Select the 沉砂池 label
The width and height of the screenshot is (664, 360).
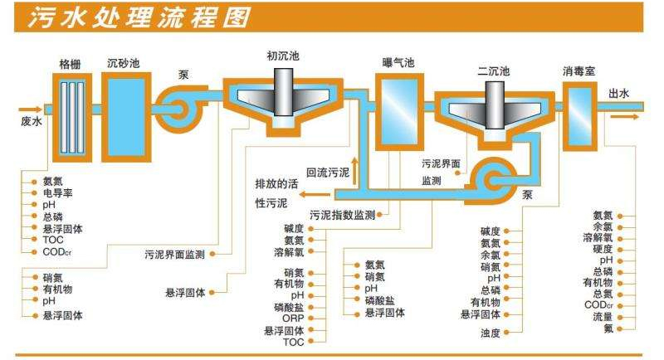[x=122, y=62]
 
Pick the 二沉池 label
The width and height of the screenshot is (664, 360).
[x=492, y=69]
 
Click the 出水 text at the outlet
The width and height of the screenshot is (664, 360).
[x=619, y=94]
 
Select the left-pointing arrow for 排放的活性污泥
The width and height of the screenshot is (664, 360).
[x=314, y=194]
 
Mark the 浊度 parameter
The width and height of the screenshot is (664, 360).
[x=490, y=333]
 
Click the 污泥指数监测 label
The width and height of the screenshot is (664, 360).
[x=341, y=214]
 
